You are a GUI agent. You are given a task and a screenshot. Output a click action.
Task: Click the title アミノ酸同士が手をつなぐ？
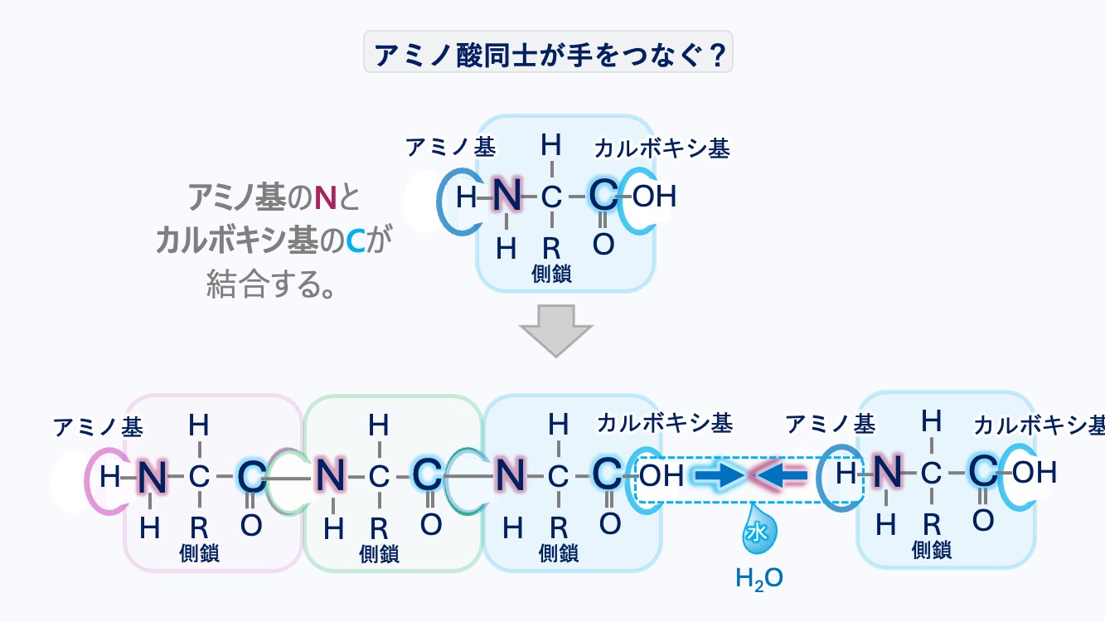[548, 54]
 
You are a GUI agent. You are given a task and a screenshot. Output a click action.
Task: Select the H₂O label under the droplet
[759, 578]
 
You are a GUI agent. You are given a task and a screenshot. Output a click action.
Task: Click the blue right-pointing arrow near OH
[717, 475]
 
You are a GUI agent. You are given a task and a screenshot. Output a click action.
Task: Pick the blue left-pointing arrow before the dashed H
[781, 475]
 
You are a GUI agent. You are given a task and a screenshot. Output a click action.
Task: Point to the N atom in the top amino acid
[506, 197]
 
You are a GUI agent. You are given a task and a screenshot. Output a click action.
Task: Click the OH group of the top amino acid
[654, 197]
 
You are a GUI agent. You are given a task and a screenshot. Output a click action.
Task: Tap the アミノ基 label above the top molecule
[450, 148]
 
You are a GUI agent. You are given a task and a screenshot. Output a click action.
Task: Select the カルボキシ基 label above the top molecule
[662, 148]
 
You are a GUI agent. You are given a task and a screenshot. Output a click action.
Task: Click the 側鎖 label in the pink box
[200, 553]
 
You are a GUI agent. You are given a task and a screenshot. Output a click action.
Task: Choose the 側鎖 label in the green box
[379, 553]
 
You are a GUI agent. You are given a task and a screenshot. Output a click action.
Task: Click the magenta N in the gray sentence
[324, 198]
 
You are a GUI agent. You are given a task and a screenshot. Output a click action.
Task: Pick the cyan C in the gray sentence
[355, 241]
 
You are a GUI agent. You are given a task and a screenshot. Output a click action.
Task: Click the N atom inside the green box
[331, 476]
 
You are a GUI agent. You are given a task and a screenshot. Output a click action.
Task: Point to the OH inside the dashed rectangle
[662, 475]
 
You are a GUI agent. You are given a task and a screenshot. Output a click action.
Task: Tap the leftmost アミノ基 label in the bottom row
[98, 427]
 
